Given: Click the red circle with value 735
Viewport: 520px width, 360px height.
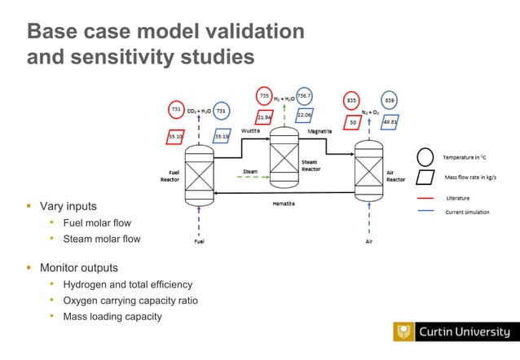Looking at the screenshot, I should [x=265, y=96].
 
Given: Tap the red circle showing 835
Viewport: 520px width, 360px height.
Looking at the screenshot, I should [x=351, y=100].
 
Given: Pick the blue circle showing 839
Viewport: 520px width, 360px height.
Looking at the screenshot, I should [x=390, y=100].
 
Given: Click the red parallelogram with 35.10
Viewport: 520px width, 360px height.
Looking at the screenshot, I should [x=175, y=137].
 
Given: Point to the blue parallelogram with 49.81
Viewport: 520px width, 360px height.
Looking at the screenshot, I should [x=390, y=122].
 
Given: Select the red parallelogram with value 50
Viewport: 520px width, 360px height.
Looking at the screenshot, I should [x=353, y=122].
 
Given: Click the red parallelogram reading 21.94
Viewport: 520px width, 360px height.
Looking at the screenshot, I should [x=264, y=119].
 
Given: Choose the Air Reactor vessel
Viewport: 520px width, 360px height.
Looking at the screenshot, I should [x=368, y=172].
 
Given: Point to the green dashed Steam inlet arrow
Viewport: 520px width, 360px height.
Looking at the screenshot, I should [x=250, y=176].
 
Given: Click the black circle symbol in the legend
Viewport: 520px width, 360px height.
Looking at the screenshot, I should [x=425, y=157].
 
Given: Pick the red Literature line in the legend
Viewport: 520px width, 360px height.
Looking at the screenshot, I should [x=425, y=198].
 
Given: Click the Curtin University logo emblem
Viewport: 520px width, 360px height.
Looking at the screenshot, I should [x=403, y=331].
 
